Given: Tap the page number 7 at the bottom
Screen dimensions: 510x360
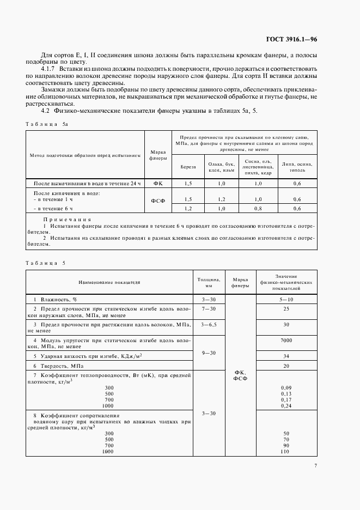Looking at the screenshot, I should click(315, 465).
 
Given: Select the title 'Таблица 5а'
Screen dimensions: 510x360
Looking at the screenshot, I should click(47, 124).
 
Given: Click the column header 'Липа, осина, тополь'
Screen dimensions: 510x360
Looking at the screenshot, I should click(297, 167).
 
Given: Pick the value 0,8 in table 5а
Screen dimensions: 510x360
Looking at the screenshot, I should click(258, 209).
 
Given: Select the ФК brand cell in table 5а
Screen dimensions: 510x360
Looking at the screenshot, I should click(158, 184).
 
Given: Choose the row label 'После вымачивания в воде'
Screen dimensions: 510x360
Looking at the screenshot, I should click(87, 184).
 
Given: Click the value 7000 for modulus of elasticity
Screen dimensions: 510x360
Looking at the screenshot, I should click(286, 340).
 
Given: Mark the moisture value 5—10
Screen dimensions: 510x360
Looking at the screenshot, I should click(286, 300).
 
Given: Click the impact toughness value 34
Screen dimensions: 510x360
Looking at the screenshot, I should click(286, 356).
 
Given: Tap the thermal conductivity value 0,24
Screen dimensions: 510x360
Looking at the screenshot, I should click(286, 406).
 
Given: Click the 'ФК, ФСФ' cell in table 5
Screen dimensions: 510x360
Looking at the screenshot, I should click(240, 375).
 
